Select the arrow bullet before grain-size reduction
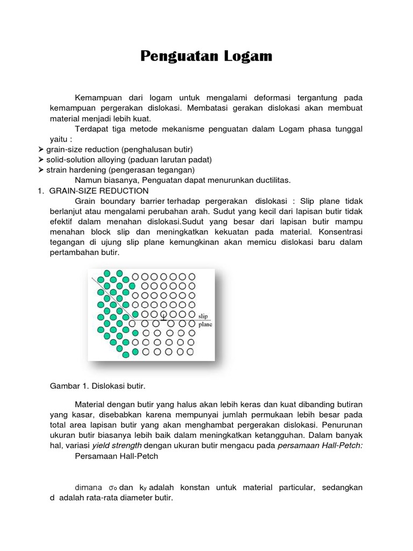(41, 149)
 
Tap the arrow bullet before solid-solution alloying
(41, 160)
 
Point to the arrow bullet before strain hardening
(41, 170)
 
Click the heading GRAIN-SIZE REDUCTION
(98, 191)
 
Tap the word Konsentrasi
(340, 232)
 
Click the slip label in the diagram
(203, 316)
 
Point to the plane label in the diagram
(205, 324)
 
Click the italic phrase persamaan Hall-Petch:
(320, 446)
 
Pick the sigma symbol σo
(112, 488)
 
